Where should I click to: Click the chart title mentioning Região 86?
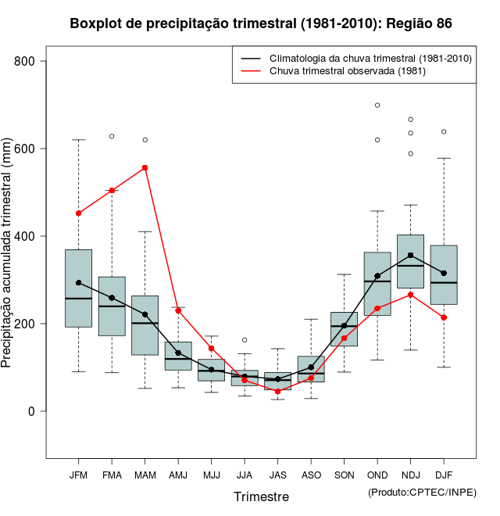(x=260, y=23)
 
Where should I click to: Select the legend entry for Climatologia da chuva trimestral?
(x=370, y=59)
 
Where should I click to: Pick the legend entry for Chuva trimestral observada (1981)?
(x=347, y=71)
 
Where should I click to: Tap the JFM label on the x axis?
(x=78, y=475)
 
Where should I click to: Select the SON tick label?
(x=344, y=475)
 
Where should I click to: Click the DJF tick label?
(x=444, y=475)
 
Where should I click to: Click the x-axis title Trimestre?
(x=261, y=496)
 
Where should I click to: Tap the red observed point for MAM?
(x=145, y=167)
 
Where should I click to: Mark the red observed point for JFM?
(x=78, y=213)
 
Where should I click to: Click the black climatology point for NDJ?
(x=410, y=255)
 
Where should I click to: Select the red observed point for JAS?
(x=277, y=391)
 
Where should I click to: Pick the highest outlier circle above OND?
(x=377, y=105)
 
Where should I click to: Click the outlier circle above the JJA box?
(x=245, y=340)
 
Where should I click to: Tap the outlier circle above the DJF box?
(x=444, y=131)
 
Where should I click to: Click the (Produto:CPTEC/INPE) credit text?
(x=422, y=491)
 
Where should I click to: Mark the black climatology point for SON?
(x=344, y=325)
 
